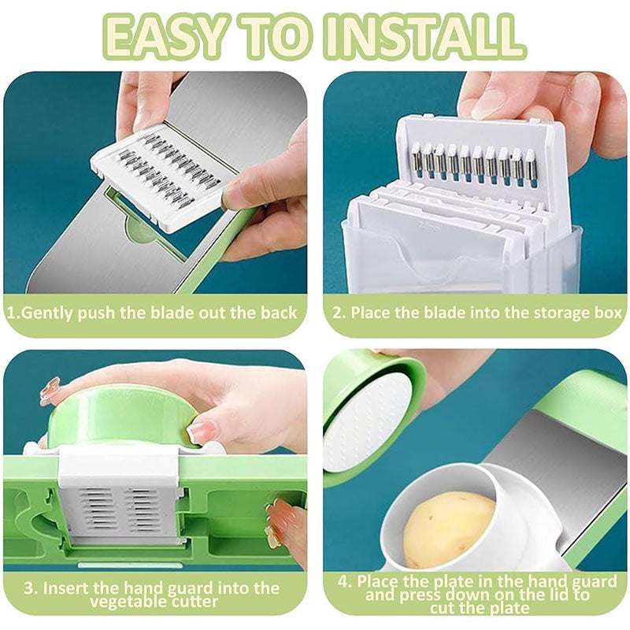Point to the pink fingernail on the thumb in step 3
point(203,430)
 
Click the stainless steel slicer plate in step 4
point(551,457)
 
